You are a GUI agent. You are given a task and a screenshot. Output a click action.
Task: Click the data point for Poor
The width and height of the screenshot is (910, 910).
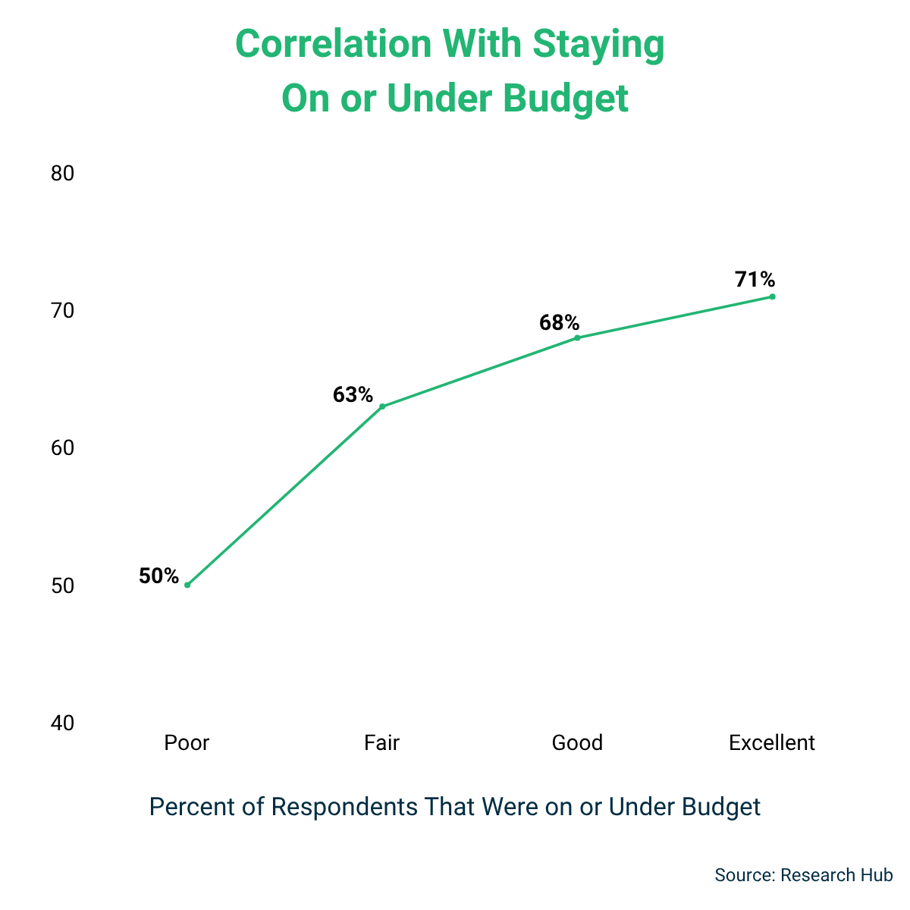coord(187,585)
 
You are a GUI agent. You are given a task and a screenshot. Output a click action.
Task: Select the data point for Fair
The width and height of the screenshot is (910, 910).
coord(382,406)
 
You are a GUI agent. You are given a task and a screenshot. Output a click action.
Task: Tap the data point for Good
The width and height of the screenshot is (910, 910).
coord(577,337)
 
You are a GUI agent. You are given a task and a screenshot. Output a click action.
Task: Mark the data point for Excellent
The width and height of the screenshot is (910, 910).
coord(772,297)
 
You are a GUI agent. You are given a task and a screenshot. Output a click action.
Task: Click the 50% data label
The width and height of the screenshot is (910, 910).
coord(158,576)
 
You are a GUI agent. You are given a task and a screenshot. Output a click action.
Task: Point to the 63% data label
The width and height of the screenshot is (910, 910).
coord(353,395)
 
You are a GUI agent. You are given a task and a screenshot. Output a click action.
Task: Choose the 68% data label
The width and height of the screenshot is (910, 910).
coord(559,323)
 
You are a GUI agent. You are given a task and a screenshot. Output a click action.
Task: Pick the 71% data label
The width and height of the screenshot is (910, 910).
coord(755,280)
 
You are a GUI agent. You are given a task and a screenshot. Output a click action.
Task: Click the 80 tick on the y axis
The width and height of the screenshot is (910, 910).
coord(62,174)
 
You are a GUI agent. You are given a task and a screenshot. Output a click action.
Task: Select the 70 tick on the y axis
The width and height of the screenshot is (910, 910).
coord(62,311)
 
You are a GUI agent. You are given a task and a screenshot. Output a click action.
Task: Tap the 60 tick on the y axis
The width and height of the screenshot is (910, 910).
coord(62,448)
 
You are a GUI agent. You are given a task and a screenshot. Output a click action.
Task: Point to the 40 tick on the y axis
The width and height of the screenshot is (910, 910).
coord(62,723)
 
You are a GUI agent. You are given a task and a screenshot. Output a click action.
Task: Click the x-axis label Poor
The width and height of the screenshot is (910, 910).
coord(187,742)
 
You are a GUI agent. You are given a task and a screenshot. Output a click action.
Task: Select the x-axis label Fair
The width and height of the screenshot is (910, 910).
coord(381,742)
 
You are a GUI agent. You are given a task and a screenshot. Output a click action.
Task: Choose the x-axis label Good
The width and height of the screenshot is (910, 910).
coord(577,742)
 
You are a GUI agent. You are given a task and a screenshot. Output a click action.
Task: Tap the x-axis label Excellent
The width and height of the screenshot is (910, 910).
coord(772,742)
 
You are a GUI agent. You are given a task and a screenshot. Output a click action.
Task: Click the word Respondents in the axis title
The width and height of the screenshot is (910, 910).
coord(344,807)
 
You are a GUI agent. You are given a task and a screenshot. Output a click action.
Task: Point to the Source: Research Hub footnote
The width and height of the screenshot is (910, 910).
coord(803,875)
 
